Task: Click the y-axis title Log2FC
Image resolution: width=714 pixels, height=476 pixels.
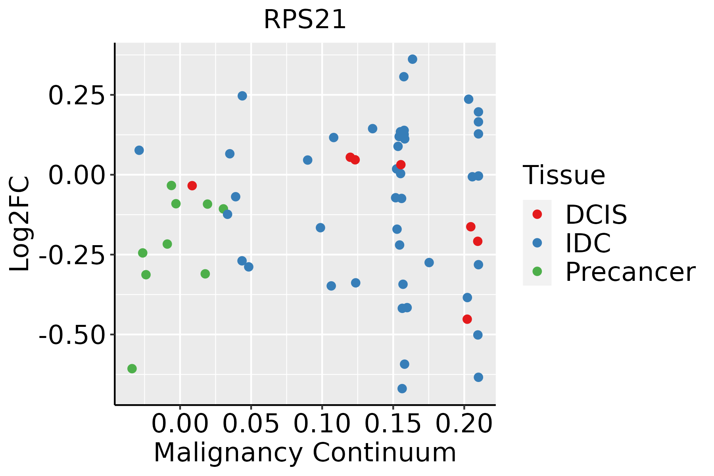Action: [x=20, y=224]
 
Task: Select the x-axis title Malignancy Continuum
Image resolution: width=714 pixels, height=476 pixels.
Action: [x=305, y=453]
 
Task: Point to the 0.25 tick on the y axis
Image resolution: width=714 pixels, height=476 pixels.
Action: [x=76, y=96]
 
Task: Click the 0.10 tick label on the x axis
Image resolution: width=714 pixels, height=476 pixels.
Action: [x=322, y=424]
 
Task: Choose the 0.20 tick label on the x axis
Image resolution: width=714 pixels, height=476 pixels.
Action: [x=464, y=424]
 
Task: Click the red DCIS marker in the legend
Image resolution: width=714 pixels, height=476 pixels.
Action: [x=537, y=214]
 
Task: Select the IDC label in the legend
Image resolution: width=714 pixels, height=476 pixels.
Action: [x=588, y=243]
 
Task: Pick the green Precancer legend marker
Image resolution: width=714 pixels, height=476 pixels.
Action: [x=537, y=272]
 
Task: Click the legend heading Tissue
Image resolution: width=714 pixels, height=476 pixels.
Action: [x=564, y=175]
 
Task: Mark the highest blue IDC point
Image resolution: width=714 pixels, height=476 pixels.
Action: [x=413, y=59]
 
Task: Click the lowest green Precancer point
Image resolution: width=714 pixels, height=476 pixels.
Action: [x=132, y=369]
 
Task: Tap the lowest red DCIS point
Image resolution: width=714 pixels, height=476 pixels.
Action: [x=467, y=319]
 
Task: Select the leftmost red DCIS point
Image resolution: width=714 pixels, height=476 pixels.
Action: [x=192, y=185]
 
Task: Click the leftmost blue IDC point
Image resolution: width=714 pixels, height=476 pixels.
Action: [x=139, y=150]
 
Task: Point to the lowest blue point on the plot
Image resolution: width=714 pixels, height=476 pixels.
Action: [x=402, y=388]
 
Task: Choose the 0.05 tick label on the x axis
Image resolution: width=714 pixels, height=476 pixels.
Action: [x=251, y=424]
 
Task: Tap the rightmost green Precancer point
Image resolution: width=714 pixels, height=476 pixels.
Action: [x=223, y=209]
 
